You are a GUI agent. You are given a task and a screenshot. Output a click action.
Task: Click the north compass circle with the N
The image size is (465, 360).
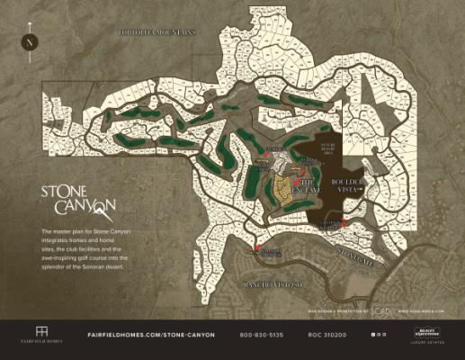point(31,41)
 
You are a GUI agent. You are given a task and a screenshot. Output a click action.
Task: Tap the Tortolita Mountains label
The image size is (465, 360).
point(157,32)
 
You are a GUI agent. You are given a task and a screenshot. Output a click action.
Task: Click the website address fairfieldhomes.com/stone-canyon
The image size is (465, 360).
point(151,335)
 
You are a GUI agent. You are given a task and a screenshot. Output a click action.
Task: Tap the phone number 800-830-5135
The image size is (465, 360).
point(262,335)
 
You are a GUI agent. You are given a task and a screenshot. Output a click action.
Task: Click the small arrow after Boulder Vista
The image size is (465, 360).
point(360,190)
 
